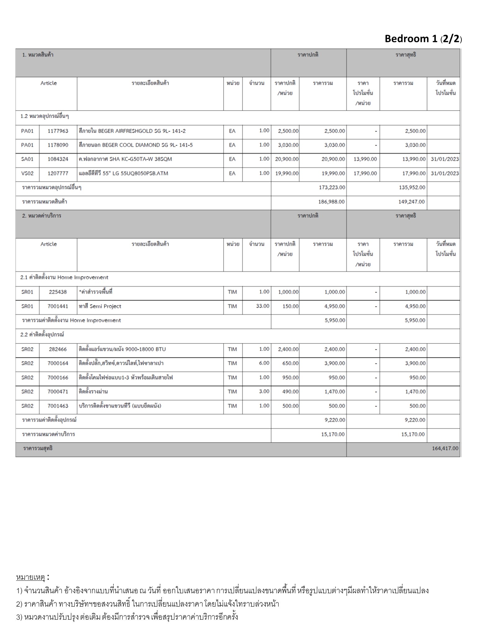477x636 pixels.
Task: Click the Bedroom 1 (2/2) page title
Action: (x=423, y=39)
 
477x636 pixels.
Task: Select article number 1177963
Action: (x=58, y=131)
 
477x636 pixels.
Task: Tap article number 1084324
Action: (x=58, y=159)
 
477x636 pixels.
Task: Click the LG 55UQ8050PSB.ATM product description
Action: (x=124, y=173)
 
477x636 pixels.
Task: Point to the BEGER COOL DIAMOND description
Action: (x=136, y=145)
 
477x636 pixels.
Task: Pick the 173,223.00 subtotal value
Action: (x=332, y=188)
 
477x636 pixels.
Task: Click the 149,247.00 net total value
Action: (x=411, y=202)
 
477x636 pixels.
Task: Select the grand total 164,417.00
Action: (x=445, y=448)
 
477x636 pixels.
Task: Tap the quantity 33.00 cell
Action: (x=262, y=306)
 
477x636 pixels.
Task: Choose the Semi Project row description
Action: (x=100, y=306)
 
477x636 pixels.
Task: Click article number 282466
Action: (x=58, y=349)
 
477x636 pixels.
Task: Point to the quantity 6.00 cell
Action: (x=264, y=363)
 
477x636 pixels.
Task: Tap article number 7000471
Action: (x=58, y=392)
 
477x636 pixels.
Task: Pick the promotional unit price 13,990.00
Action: (x=365, y=159)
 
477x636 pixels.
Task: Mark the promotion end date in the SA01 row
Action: (x=445, y=159)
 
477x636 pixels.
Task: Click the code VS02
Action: (x=27, y=173)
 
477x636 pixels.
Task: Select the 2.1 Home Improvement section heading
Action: (x=64, y=278)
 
